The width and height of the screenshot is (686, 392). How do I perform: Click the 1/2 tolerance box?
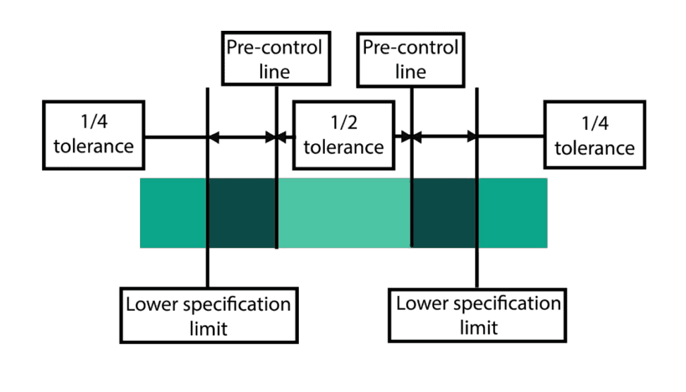pos(343,135)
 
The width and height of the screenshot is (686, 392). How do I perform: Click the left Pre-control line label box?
pos(275,59)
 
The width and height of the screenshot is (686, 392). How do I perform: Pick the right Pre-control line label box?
pos(410,59)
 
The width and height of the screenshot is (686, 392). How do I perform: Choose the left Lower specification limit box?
pos(208,315)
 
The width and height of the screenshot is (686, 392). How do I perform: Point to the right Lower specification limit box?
pos(478,315)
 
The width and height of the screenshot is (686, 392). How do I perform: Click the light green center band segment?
pos(343,213)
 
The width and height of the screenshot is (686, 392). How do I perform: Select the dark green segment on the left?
pos(243,213)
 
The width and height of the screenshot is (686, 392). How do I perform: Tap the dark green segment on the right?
pos(443,213)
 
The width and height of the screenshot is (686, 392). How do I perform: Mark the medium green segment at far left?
pos(174,213)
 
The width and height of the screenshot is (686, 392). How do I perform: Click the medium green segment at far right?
pos(512,213)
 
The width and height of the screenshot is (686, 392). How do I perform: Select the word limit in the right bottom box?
pos(478,327)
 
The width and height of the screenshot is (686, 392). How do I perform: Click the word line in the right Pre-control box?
pos(410,71)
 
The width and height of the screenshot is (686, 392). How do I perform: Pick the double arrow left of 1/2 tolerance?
pos(243,137)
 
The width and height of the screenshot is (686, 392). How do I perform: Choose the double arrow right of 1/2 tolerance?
pos(443,137)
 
